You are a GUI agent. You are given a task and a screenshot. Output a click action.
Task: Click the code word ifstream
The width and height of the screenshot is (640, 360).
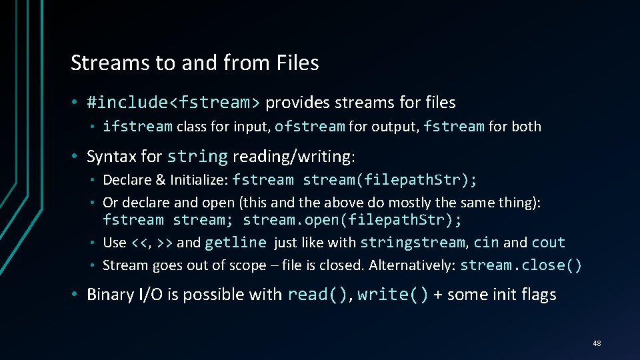point(137,126)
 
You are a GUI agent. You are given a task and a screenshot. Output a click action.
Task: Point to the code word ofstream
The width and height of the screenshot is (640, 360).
point(309,126)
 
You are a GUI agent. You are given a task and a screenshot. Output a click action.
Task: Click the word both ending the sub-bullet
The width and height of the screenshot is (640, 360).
point(524,126)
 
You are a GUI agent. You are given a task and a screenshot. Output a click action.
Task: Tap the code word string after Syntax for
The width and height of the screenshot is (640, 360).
point(197,157)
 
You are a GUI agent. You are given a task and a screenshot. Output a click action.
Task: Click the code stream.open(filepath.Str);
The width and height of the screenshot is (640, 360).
point(352,220)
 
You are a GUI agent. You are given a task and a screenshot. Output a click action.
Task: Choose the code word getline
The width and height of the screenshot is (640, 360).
point(235,243)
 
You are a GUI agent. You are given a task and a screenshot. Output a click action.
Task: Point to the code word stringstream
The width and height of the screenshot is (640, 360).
point(412,243)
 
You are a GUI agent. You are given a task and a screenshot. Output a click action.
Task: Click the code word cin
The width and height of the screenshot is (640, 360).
point(486,243)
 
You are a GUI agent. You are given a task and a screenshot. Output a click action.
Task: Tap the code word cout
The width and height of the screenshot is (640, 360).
point(548,243)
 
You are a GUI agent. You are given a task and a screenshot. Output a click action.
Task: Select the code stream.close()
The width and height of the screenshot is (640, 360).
point(521,265)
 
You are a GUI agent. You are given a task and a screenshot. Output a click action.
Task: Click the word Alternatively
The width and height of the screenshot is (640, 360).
point(411,265)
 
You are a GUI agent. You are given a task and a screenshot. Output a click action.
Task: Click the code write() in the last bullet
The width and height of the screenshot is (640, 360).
point(393,295)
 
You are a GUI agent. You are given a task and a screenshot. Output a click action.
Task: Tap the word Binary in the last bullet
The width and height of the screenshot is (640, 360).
point(110,295)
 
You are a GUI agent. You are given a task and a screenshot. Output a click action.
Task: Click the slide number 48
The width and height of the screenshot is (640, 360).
point(596,343)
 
